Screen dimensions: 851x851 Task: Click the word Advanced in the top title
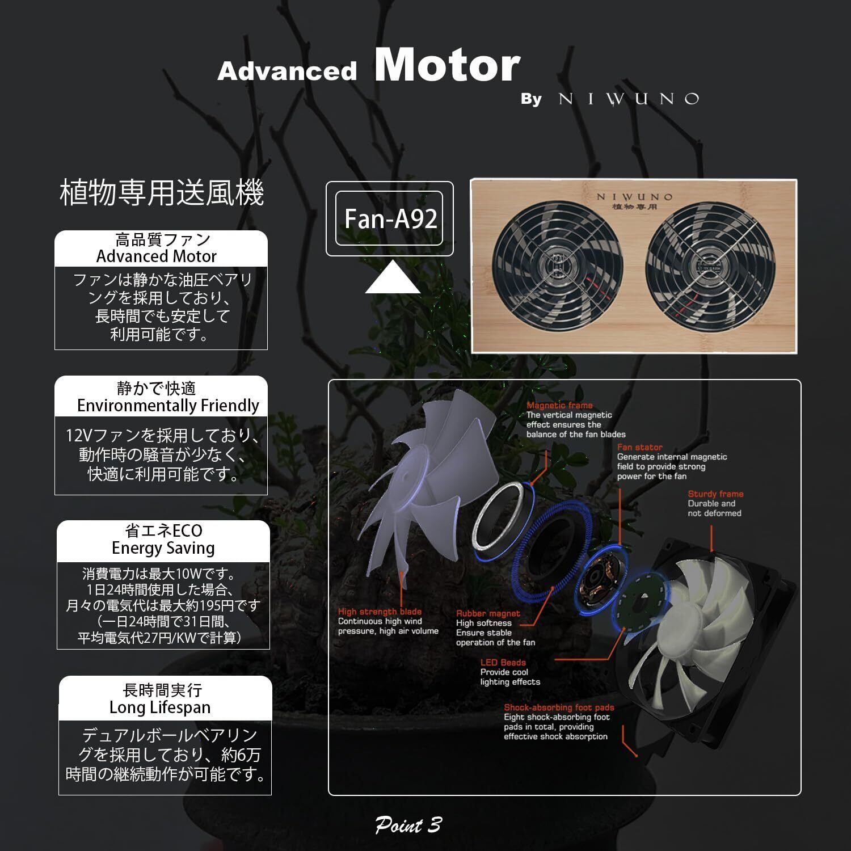pyautogui.click(x=287, y=71)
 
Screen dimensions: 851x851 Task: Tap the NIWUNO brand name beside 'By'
pyautogui.click(x=629, y=99)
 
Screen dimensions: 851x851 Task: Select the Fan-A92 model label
pyautogui.click(x=390, y=219)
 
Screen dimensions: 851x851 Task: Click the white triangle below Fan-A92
pyautogui.click(x=392, y=277)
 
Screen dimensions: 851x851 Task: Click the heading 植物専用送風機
pyautogui.click(x=162, y=193)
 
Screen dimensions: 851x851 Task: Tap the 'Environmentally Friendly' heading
pyautogui.click(x=168, y=406)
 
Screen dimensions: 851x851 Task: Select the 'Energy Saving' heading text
pyautogui.click(x=163, y=548)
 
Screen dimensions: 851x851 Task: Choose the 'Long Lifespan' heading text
pyautogui.click(x=160, y=707)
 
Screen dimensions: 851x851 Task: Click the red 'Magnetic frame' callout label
pyautogui.click(x=559, y=405)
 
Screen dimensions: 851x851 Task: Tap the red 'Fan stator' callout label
pyautogui.click(x=639, y=447)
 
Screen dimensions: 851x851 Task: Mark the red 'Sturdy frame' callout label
pyautogui.click(x=715, y=494)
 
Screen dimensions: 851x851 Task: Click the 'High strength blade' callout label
pyautogui.click(x=380, y=612)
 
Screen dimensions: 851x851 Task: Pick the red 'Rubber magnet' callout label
pyautogui.click(x=488, y=613)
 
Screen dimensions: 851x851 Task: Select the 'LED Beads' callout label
pyautogui.click(x=503, y=662)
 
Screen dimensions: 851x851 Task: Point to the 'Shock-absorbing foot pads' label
pyautogui.click(x=559, y=707)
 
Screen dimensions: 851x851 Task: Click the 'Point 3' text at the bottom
pyautogui.click(x=408, y=825)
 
